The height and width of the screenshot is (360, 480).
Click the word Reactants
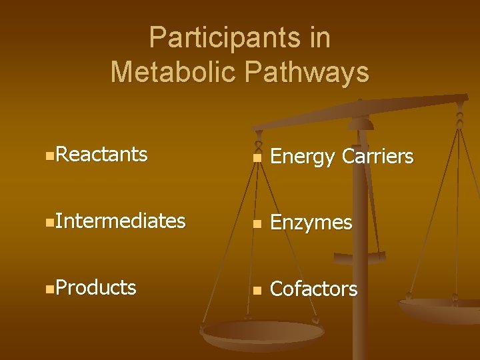coord(102,154)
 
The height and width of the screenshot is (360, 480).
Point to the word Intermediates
coord(121,221)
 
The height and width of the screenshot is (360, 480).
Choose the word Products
coord(97,287)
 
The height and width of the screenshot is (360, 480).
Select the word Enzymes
coord(311,223)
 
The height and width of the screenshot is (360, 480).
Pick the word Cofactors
coord(313,289)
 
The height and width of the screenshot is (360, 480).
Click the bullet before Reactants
coord(51,156)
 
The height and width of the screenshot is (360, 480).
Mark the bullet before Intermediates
coord(51,223)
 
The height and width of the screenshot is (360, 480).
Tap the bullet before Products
coord(51,289)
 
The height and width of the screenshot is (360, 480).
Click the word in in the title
coord(319,38)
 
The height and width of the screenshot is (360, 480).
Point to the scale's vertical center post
coord(360,220)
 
